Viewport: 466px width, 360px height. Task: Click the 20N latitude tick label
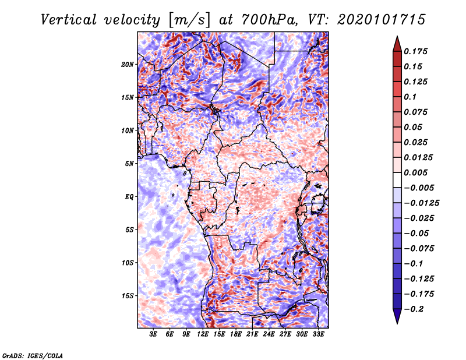click(128, 65)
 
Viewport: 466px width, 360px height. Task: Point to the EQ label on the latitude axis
click(129, 197)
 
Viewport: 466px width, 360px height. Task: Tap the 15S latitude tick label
click(128, 296)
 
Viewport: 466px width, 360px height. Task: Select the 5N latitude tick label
click(129, 164)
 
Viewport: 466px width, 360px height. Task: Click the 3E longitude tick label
click(153, 334)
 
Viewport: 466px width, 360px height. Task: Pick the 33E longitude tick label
click(318, 334)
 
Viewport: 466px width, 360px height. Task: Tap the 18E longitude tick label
click(236, 334)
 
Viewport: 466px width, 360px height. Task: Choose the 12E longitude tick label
click(203, 334)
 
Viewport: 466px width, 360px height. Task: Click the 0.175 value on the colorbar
click(415, 51)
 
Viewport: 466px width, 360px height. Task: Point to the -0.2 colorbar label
click(414, 309)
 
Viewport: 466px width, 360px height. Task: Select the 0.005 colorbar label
click(415, 172)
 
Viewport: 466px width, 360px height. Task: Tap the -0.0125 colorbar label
click(421, 203)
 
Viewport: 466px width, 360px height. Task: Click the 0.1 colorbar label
click(410, 97)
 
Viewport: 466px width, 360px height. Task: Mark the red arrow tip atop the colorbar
click(397, 37)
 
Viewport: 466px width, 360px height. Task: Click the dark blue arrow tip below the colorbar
click(397, 323)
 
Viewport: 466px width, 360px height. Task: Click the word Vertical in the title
click(69, 20)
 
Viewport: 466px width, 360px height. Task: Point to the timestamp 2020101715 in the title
click(382, 20)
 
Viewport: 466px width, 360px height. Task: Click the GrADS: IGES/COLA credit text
click(33, 355)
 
